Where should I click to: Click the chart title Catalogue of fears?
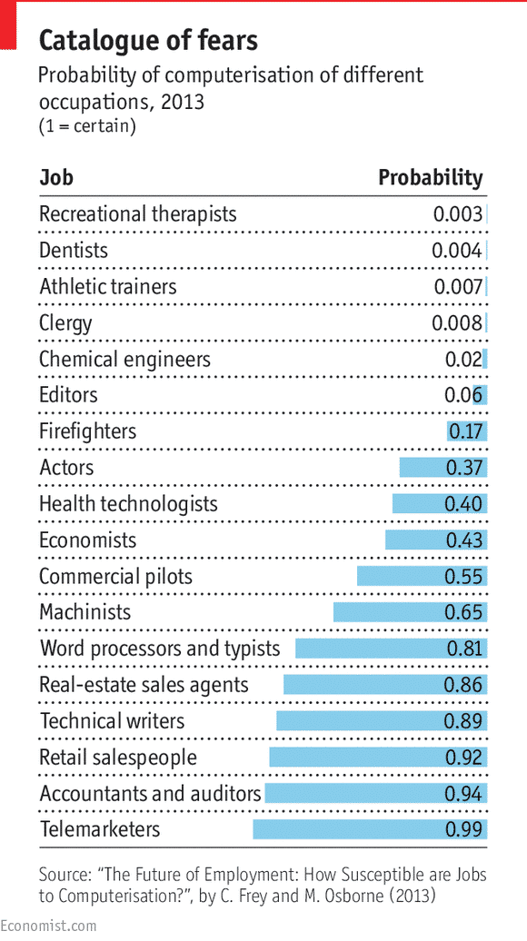[x=148, y=40]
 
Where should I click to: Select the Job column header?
[x=56, y=177]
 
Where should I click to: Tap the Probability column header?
[x=430, y=177]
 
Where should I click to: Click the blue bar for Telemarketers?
[x=370, y=829]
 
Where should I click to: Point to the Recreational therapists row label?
[x=137, y=214]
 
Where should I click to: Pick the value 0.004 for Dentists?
[x=456, y=251]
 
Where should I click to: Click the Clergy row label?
[x=65, y=323]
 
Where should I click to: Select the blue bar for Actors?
[x=442, y=468]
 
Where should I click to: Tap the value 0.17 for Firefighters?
[x=465, y=431]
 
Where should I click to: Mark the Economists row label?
[x=87, y=540]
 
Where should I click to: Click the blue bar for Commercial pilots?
[x=422, y=577]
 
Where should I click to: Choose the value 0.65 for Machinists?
[x=463, y=612]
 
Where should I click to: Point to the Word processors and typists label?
[x=160, y=649]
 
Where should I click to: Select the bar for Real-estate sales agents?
[x=384, y=685]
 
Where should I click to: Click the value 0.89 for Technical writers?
[x=463, y=721]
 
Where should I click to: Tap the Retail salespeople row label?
[x=118, y=758]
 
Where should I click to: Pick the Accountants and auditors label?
[x=150, y=794]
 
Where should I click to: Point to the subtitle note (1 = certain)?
[x=87, y=126]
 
